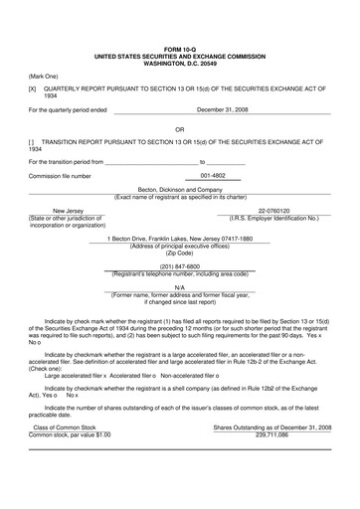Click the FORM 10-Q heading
pos(180,47)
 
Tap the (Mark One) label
pos(44,76)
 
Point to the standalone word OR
pos(180,129)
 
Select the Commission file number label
pos(60,176)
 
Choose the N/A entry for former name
pos(180,287)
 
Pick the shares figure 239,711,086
pos(271,433)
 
